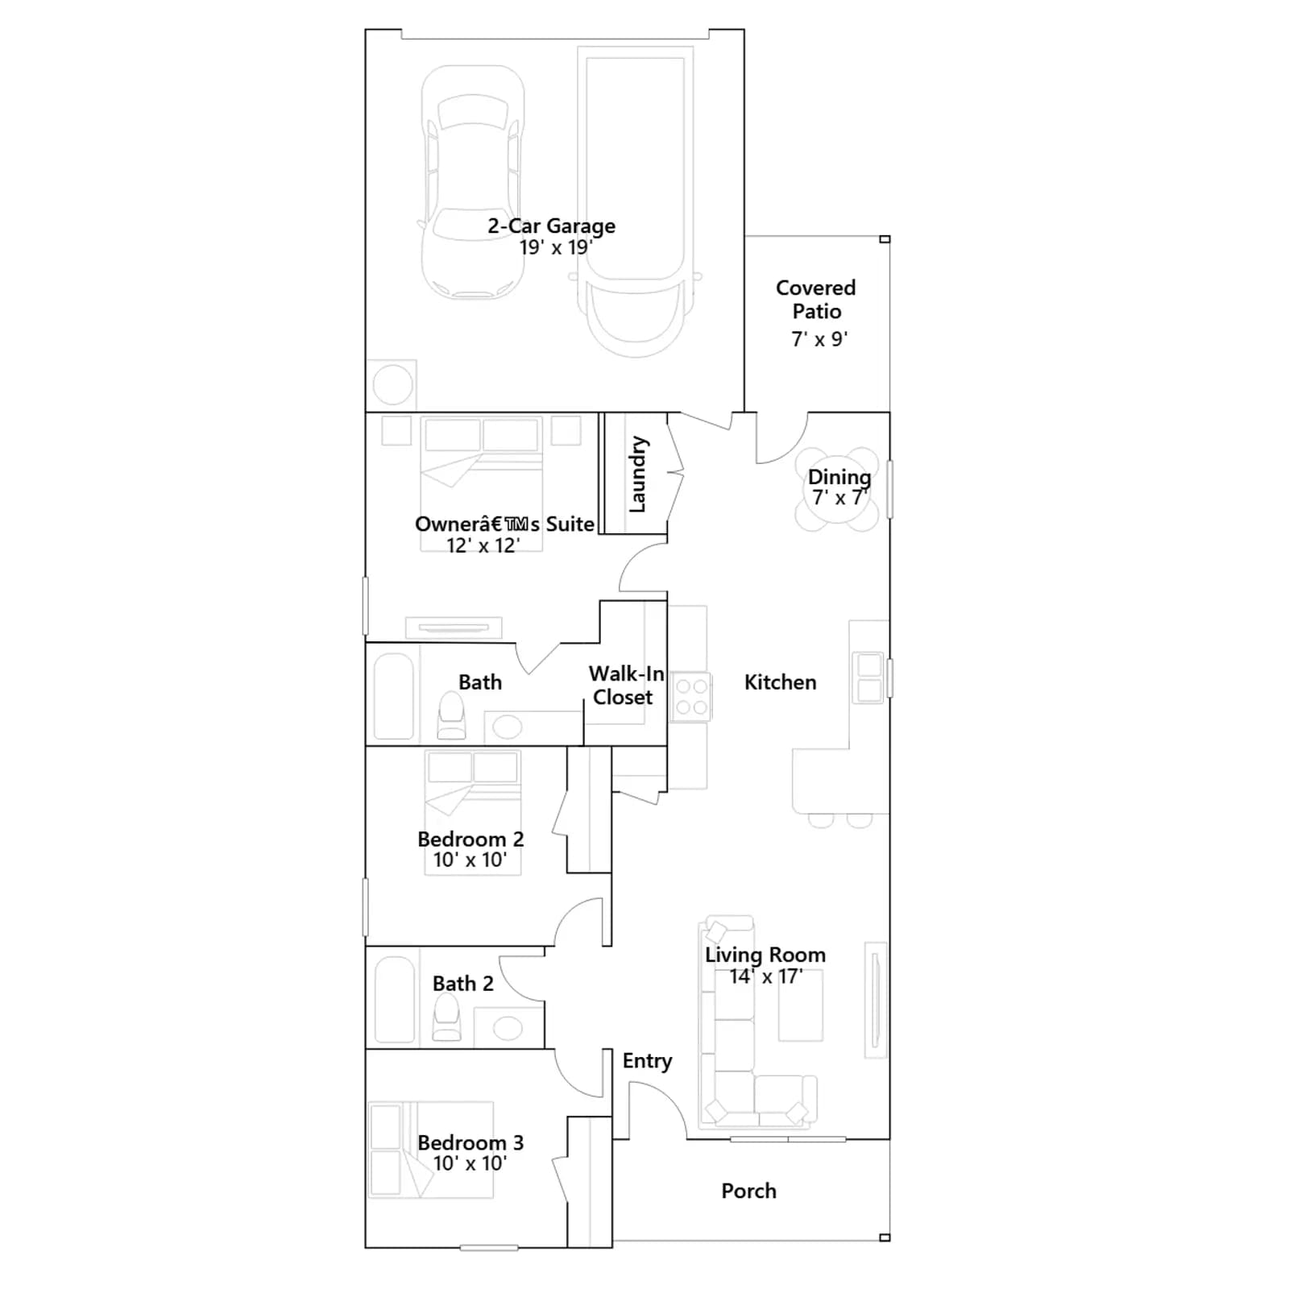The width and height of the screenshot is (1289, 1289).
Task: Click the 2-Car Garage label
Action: coord(551,226)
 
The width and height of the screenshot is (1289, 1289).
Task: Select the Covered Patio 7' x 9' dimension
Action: coord(819,339)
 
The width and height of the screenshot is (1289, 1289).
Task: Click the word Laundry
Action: coord(637,475)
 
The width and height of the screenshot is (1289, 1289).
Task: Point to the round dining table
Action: coord(837,490)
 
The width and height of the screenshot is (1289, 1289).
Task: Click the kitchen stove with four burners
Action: coord(691,697)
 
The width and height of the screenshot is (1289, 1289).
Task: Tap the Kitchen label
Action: coord(780,682)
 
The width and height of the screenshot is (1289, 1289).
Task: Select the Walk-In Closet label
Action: coord(626,685)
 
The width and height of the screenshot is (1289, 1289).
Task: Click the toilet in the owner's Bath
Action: coord(452,716)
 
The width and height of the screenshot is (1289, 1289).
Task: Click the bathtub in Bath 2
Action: coord(394,1000)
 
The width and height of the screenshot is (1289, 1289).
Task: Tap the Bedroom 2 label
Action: coord(470,839)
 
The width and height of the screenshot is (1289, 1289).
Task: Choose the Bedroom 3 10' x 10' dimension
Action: coord(470,1163)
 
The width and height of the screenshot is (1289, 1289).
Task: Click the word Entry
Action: coord(647,1062)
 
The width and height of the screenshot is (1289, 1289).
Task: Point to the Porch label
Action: coord(748,1191)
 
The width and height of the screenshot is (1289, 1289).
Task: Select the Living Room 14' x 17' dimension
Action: coord(765,976)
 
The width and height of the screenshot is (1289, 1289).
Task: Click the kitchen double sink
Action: coord(869,677)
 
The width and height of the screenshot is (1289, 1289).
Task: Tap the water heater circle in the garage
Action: coord(393,385)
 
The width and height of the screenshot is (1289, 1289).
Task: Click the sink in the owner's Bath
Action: coord(507,727)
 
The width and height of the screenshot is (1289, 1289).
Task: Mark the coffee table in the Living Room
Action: coord(801,1005)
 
